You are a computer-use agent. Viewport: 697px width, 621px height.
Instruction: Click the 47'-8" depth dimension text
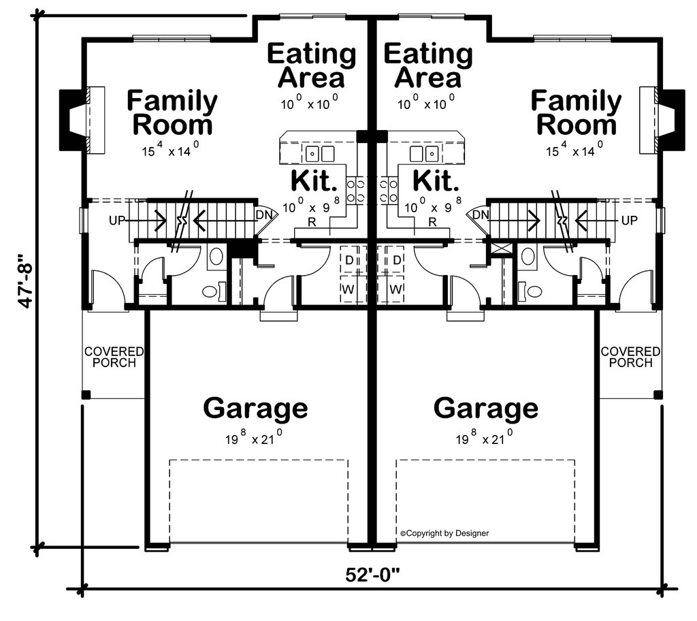(25, 281)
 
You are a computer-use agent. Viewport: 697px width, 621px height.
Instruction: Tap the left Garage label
(255, 409)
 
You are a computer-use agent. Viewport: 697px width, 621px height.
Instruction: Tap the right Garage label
(485, 409)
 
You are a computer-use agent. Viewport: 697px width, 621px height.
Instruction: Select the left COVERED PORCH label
(114, 357)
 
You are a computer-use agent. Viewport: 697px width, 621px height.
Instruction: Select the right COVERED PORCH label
(630, 357)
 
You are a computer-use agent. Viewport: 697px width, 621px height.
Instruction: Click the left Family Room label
(172, 113)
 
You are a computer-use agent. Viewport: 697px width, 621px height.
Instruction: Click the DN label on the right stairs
(481, 215)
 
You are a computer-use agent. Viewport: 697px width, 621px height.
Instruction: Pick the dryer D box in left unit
(349, 260)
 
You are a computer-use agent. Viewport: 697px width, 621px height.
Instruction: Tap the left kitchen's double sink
(320, 153)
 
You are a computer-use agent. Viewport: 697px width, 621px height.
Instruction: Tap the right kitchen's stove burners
(389, 190)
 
